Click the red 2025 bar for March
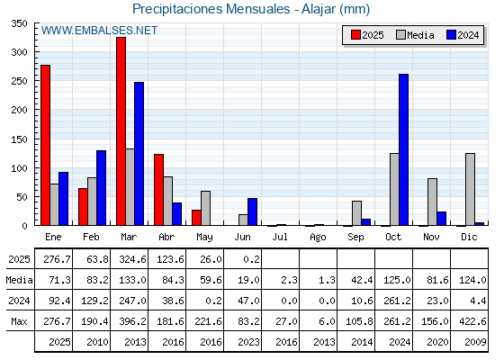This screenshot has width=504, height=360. pyautogui.click(x=121, y=131)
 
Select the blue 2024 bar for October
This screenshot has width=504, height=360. pyautogui.click(x=404, y=149)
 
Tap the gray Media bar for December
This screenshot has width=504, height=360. pyautogui.click(x=470, y=189)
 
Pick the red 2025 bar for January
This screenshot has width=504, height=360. pyautogui.click(x=46, y=145)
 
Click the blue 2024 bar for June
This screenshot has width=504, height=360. pyautogui.click(x=252, y=211)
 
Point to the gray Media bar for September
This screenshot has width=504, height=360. pyautogui.click(x=356, y=213)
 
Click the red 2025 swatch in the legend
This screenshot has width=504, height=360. pyautogui.click(x=355, y=35)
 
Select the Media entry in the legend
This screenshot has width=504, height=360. pyautogui.click(x=415, y=35)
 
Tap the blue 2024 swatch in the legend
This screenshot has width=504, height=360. pyautogui.click(x=451, y=35)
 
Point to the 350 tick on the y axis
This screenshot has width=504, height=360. pyautogui.click(x=19, y=23)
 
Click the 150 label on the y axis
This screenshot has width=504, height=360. pyautogui.click(x=19, y=139)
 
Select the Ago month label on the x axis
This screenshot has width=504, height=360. pyautogui.click(x=318, y=238)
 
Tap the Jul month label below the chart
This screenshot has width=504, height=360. pyautogui.click(x=280, y=237)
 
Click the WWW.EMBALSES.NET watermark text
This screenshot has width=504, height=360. pyautogui.click(x=99, y=31)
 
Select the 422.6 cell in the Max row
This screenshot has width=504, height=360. pyautogui.click(x=472, y=321)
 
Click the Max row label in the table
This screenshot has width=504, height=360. pyautogui.click(x=19, y=321)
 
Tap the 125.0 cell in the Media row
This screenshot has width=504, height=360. pyautogui.click(x=397, y=280)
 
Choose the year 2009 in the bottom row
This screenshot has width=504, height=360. pyautogui.click(x=475, y=342)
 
